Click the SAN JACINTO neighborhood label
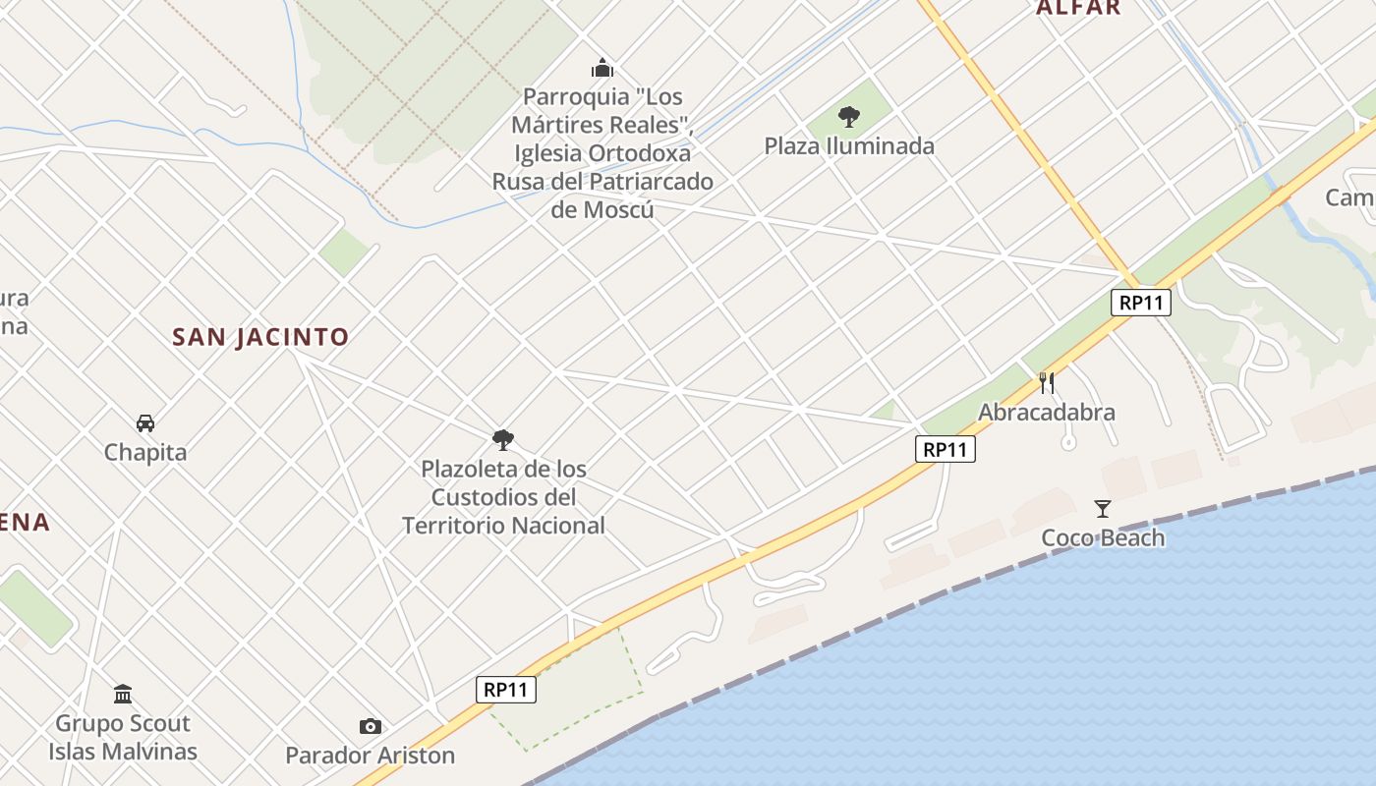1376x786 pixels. [260, 337]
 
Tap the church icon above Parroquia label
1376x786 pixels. [602, 68]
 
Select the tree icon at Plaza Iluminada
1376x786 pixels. [849, 117]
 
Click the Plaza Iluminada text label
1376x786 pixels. [849, 146]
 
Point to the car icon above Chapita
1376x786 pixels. [145, 423]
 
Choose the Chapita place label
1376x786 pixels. [145, 453]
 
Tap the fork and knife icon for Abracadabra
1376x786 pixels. [1047, 382]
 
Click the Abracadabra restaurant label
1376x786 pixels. [1047, 412]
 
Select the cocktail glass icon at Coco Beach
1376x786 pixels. [1103, 508]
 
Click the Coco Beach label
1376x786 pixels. [1103, 537]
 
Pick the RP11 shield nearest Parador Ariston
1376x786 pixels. [507, 690]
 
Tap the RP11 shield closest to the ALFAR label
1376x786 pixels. [1141, 303]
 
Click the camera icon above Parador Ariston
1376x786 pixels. [371, 726]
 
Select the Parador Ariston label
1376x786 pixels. [371, 756]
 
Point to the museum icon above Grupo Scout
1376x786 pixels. [123, 695]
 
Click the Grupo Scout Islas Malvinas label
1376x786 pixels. [123, 738]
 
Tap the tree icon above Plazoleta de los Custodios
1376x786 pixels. [503, 439]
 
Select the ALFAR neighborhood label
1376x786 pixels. [1078, 8]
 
